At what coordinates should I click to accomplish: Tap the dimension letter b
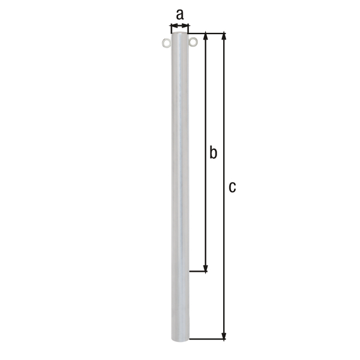[212, 153]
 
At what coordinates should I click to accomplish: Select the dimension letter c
[232, 187]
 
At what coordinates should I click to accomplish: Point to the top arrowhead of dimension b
[206, 37]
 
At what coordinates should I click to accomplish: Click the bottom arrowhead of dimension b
[206, 268]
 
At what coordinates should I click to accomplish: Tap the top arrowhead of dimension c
[224, 36]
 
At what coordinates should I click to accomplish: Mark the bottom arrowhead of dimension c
[224, 336]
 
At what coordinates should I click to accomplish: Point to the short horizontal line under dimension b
[199, 272]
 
